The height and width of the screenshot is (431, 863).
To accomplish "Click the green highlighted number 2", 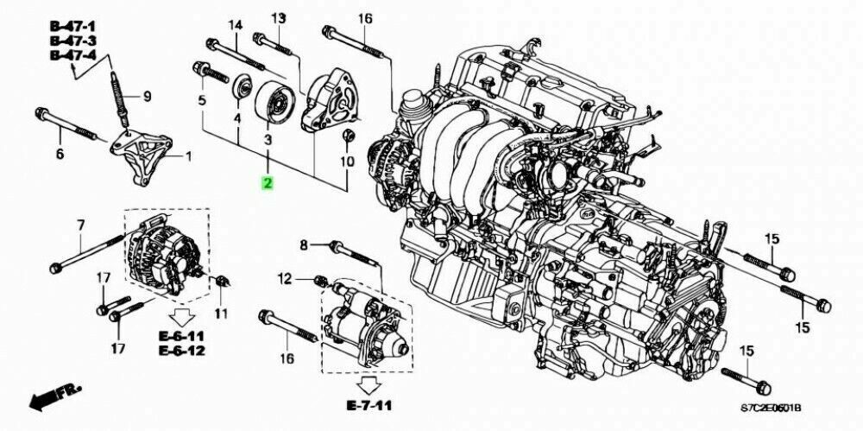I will pos(268,183).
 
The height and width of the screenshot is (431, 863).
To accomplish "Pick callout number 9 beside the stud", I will pos(146,96).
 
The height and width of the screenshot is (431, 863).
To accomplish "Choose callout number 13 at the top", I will pos(278,18).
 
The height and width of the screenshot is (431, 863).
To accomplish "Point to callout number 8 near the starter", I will pos(304,247).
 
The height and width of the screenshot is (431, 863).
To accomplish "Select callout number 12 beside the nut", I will pos(286,278).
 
